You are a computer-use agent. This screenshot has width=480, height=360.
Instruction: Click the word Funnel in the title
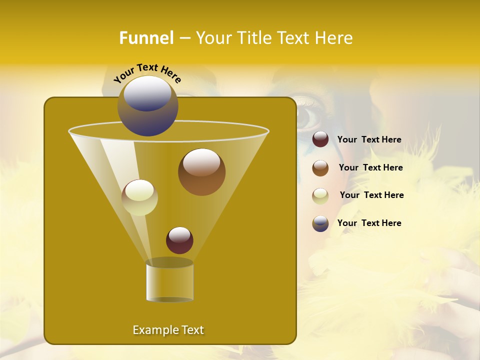[146, 38]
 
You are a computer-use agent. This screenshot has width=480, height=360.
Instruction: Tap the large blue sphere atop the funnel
[147, 106]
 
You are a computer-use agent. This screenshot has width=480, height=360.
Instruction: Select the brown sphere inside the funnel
[201, 172]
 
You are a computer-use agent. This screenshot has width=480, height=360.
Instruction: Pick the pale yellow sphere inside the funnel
[139, 197]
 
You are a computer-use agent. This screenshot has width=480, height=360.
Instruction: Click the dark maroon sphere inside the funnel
[179, 240]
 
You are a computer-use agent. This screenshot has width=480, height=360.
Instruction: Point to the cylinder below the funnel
[169, 280]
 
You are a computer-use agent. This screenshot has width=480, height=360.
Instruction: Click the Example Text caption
[168, 330]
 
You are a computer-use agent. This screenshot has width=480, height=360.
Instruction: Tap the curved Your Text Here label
[147, 72]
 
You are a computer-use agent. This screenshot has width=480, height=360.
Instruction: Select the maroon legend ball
[320, 139]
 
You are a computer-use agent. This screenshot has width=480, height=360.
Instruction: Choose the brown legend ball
[320, 168]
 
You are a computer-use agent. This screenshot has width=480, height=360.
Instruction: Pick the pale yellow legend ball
[320, 195]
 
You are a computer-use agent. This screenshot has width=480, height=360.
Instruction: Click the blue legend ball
[320, 223]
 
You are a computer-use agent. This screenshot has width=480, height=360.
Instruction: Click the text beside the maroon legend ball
[369, 140]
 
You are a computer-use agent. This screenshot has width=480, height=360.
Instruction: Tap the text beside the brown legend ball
[370, 168]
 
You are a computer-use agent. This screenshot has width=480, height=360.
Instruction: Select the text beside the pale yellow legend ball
[371, 195]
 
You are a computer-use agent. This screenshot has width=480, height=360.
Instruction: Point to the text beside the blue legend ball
[369, 223]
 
